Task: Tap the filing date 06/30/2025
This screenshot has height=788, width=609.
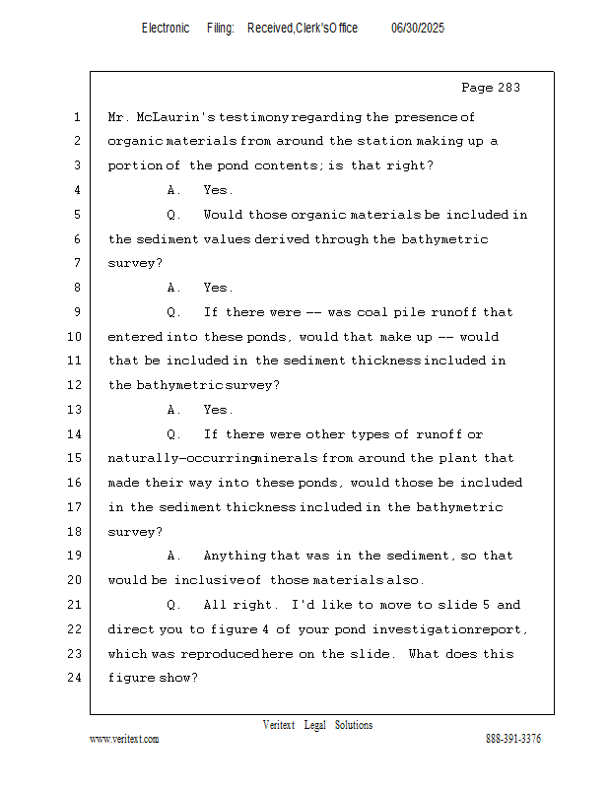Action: pyautogui.click(x=418, y=29)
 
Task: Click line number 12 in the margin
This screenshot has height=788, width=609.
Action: pyautogui.click(x=76, y=385)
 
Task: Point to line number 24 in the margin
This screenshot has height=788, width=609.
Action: pyautogui.click(x=76, y=678)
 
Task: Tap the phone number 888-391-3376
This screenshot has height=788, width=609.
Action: pyautogui.click(x=513, y=739)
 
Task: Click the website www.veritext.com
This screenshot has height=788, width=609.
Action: pyautogui.click(x=124, y=739)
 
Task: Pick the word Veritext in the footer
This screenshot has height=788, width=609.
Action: pyautogui.click(x=279, y=725)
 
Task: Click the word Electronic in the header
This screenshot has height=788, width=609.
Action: pyautogui.click(x=166, y=29)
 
